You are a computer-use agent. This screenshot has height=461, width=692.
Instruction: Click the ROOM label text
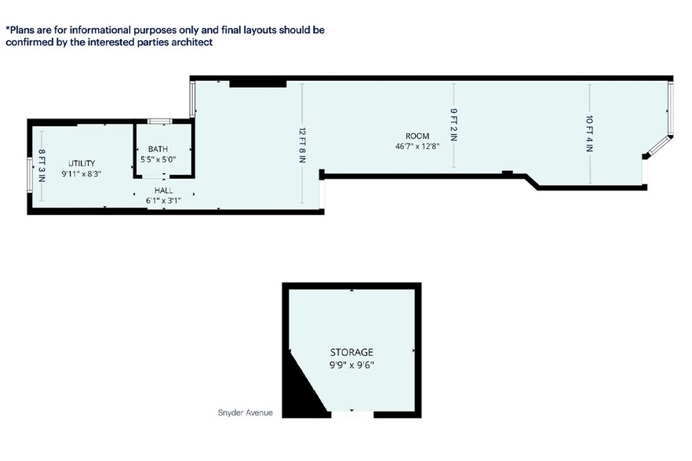pos(417,136)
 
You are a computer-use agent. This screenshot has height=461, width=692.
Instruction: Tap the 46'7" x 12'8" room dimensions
pos(417,146)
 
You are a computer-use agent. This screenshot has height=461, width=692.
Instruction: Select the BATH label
pos(158,149)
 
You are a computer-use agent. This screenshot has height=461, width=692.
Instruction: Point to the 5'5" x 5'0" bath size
pos(158,159)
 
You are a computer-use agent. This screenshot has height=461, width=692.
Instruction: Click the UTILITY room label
pos(82,163)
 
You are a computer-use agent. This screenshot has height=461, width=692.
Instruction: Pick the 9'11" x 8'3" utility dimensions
pos(82,174)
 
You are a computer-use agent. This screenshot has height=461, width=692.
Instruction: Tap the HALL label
pos(163,191)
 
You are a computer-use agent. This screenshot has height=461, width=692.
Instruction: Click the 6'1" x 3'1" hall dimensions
pos(163,201)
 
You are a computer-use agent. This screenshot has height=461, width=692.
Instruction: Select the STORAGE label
pos(351,352)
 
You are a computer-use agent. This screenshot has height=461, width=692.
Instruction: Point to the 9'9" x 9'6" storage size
pos(351,365)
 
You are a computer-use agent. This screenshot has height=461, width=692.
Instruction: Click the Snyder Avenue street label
pos(245,413)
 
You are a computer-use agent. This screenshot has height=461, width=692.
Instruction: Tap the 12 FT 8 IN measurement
pos(302,146)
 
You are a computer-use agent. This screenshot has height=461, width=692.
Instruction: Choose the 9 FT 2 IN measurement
pos(454,125)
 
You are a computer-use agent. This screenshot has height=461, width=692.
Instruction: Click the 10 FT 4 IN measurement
pos(590,133)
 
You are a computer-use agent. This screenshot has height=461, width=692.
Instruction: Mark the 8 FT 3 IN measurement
pos(42,166)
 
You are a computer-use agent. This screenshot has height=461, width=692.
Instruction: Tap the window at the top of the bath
pos(160,122)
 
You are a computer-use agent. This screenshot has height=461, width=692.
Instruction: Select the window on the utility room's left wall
pos(30,176)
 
